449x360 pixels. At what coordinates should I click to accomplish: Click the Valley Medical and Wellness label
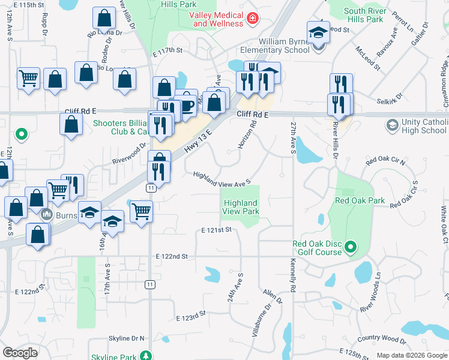point(217,19)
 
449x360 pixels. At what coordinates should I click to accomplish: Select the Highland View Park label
point(241,208)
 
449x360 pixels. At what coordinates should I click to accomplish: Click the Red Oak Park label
point(360,200)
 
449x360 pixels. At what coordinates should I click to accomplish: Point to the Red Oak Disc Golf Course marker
point(352,247)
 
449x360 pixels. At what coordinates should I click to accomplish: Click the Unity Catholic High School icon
point(393,125)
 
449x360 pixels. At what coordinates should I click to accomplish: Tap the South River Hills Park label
point(372,15)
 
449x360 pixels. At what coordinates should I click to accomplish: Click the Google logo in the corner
point(20,352)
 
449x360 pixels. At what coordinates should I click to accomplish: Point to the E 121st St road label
point(216,230)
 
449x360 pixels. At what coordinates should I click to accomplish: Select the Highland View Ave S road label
point(221,178)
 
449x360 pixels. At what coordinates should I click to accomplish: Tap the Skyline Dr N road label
point(126,338)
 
